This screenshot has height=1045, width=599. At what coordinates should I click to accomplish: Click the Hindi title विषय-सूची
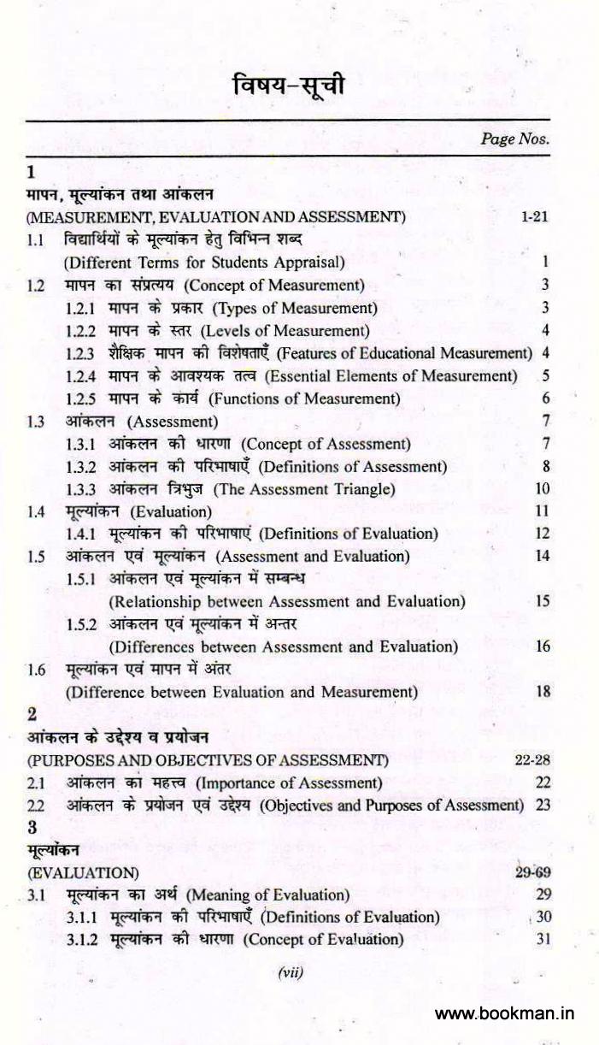pos(291,86)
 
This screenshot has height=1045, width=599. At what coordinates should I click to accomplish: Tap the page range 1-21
pos(533,217)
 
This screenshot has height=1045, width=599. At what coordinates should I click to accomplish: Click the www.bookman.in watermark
pos(504,1014)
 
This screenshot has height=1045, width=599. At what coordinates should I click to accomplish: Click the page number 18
pos(543,692)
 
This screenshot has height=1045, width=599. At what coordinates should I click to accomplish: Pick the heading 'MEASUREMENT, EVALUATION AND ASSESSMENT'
pos(216,217)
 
